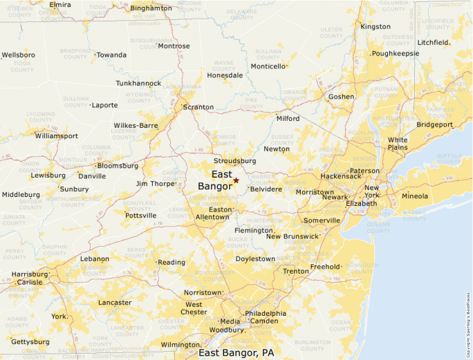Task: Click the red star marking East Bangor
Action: (x=236, y=180)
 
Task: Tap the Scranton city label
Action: (x=198, y=107)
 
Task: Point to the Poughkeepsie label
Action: (x=396, y=53)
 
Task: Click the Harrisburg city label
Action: (x=30, y=274)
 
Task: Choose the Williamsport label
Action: (x=57, y=136)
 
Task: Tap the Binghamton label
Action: (x=151, y=8)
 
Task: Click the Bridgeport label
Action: (x=434, y=125)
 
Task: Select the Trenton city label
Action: (x=296, y=271)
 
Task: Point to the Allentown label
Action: (x=212, y=217)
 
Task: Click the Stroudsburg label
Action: (x=235, y=161)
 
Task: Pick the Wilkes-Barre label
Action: (x=136, y=126)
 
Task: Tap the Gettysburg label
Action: (x=30, y=342)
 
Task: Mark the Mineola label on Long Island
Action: (x=415, y=196)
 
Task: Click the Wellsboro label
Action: (x=19, y=55)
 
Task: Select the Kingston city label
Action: (x=375, y=27)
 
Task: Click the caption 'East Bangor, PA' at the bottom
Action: (x=236, y=352)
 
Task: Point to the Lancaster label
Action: (x=115, y=303)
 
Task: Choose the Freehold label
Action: (x=324, y=267)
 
